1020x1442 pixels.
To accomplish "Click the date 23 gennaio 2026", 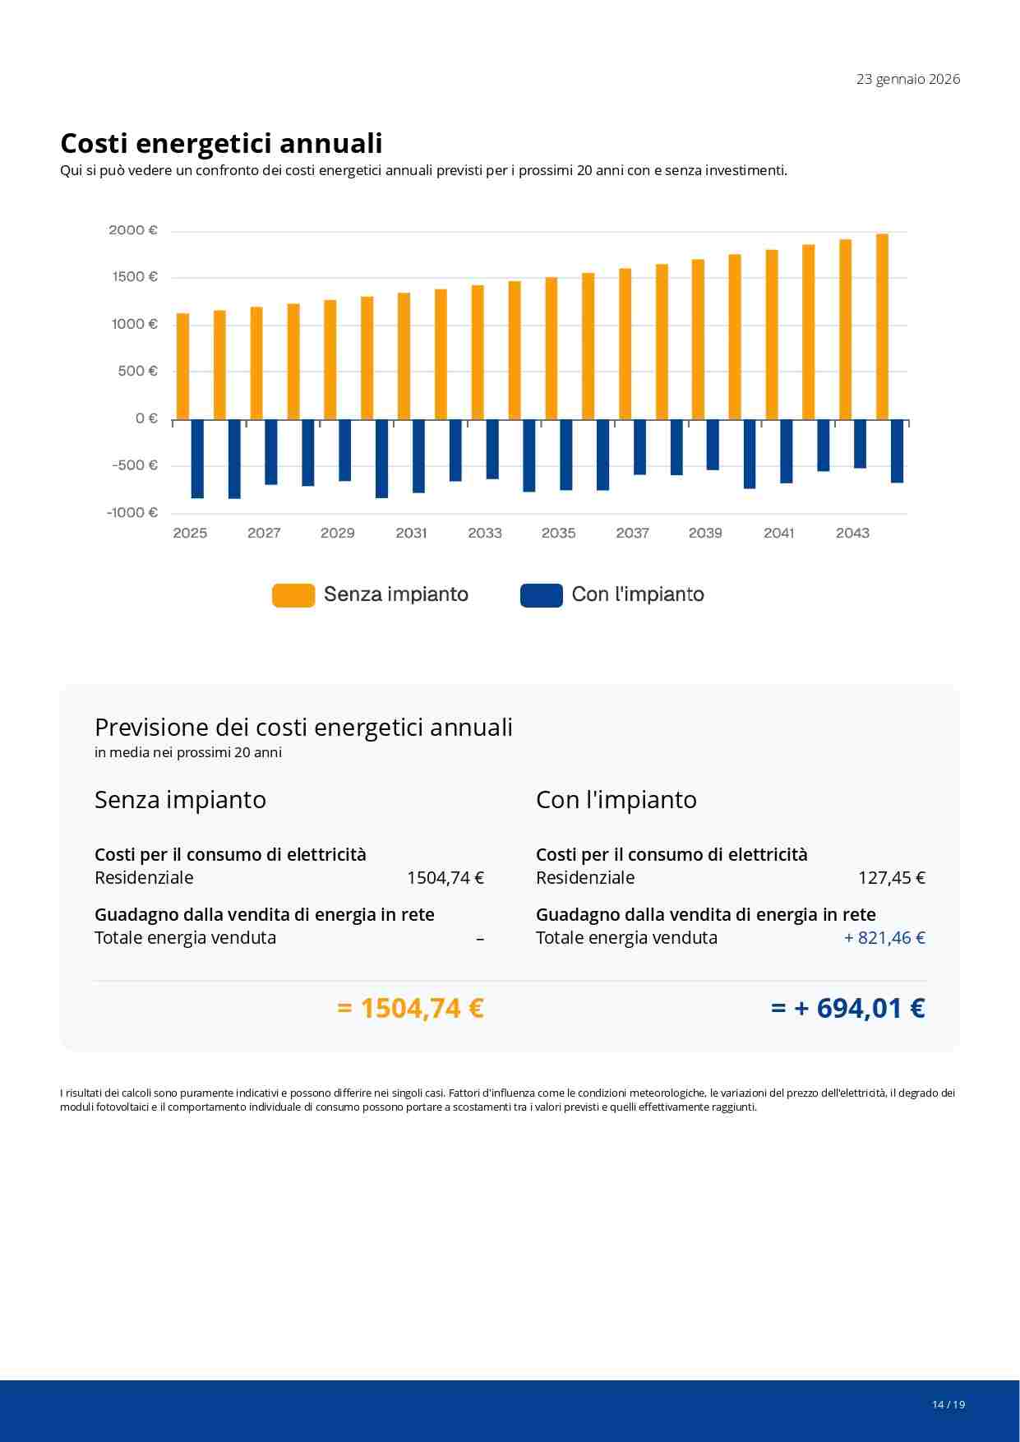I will tap(907, 79).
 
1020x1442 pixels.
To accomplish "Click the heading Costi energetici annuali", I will tap(221, 143).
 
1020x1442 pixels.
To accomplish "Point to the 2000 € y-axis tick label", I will tap(133, 230).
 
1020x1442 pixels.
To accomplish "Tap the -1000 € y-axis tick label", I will tap(132, 512).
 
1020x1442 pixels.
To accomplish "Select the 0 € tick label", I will tap(146, 418).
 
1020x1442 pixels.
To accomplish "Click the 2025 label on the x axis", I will tap(190, 533).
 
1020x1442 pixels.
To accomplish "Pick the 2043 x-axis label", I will tap(852, 533).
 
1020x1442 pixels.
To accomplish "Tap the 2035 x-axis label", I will tap(558, 533).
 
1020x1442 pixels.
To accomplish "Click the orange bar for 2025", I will tap(182, 366).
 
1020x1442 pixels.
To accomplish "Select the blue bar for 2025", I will tap(197, 459).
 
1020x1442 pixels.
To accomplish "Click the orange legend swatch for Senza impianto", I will tap(293, 595).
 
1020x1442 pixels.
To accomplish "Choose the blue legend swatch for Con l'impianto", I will tap(541, 595).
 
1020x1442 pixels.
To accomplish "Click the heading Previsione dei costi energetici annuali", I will tap(303, 728).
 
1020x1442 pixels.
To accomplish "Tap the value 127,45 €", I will tap(891, 878).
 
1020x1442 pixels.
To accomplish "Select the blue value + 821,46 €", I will tap(884, 938).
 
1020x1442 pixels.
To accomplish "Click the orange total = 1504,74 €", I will tap(410, 1008).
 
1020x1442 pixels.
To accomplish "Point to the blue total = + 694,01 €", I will tap(847, 1008).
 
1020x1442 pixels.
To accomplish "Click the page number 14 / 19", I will tap(948, 1404).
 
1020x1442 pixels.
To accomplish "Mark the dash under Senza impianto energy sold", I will tap(480, 938).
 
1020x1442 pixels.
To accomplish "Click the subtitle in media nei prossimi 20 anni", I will tap(188, 752).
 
